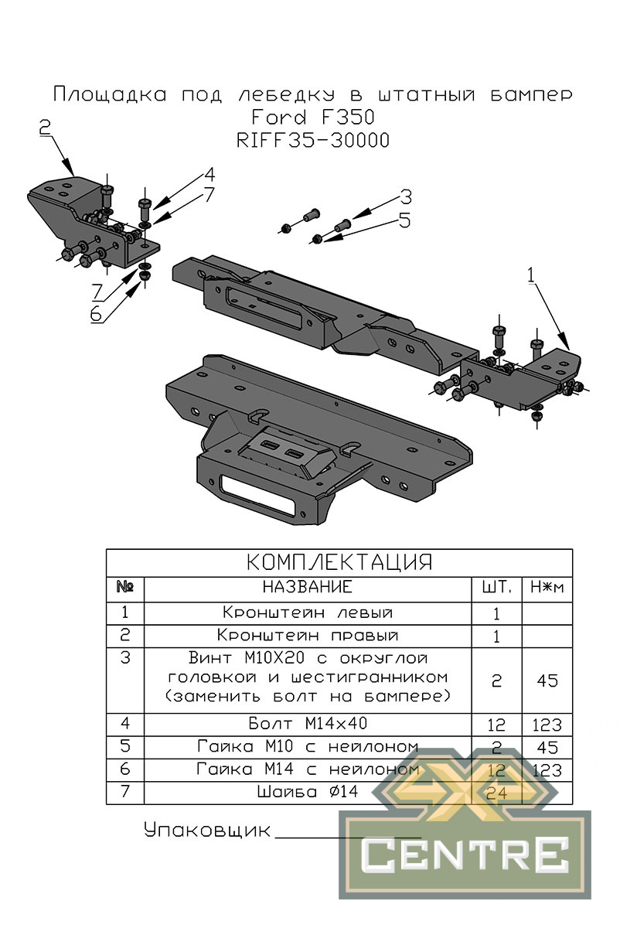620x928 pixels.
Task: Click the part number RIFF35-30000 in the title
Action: coord(312,141)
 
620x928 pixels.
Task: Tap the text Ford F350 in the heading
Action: coord(312,117)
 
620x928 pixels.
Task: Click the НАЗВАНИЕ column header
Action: coord(308,587)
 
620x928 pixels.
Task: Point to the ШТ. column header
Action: coord(496,587)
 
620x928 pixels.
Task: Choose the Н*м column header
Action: coord(547,588)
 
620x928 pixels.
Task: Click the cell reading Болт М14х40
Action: coord(308,724)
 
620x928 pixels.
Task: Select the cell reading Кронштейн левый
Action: coord(308,612)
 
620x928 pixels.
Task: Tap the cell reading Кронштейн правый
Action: coord(308,636)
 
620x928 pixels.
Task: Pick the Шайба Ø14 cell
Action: coord(308,792)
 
